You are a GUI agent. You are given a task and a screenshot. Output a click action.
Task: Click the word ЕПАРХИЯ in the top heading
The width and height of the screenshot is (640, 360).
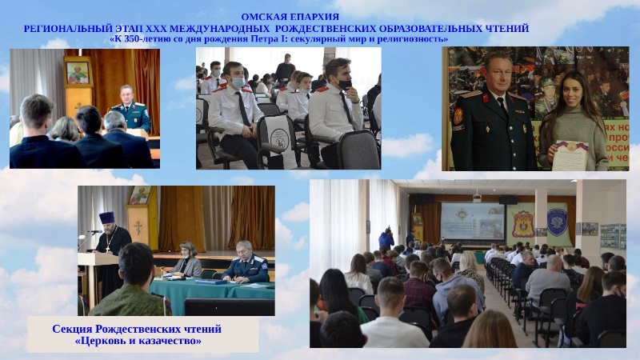coord(314,17)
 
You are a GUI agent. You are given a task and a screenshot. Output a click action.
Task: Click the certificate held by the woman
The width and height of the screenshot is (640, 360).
coord(570,155)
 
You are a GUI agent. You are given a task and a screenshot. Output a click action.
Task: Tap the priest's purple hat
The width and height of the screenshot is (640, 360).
coord(106,218)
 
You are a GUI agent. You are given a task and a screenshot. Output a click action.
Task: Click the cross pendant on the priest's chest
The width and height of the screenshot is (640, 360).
coord(108,247)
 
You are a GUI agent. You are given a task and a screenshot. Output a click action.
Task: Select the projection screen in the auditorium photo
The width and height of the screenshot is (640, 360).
coord(472,222)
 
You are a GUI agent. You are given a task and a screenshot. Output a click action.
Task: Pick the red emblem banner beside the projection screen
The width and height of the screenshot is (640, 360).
coord(523,224)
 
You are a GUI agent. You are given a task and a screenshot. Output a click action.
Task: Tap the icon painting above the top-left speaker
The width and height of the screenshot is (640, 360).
coord(78,73)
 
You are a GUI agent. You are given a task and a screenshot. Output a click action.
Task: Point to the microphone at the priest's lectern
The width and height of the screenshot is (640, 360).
coord(94,232)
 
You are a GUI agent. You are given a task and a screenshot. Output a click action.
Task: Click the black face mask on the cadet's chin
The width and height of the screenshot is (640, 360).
coord(344,84)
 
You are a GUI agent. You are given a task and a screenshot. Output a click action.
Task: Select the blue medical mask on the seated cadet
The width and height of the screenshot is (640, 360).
coord(238,83)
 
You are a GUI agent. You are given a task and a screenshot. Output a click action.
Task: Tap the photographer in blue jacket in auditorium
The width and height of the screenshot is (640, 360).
coord(386,238)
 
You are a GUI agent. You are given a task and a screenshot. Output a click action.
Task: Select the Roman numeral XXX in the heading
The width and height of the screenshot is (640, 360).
coord(154,29)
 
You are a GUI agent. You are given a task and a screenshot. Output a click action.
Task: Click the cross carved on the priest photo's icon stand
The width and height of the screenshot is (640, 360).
coord(138,227)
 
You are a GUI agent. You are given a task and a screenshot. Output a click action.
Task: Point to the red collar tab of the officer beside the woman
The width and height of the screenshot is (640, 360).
coord(486,98)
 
